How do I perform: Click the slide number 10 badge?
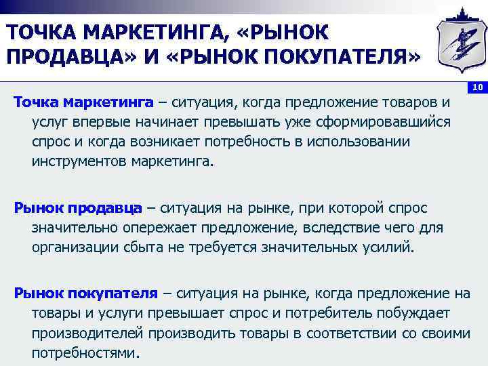pos(477,87)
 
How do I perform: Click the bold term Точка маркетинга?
pos(84,104)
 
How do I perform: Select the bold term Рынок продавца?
pos(78,206)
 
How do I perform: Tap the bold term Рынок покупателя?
pos(85,293)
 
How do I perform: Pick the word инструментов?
pos(79,162)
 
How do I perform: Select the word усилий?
pos(388,246)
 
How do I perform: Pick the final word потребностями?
pos(85,353)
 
